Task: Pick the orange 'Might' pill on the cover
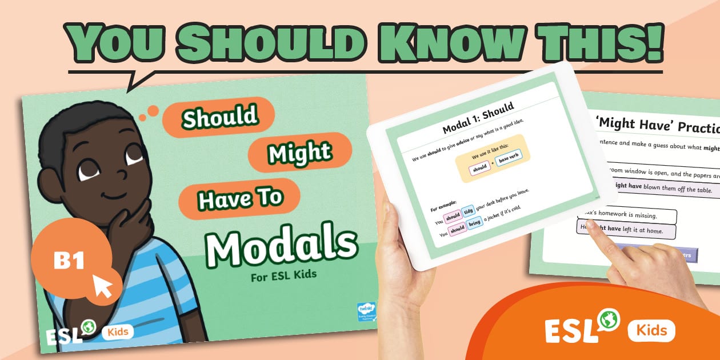[299, 152]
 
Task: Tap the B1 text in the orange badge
[69, 261]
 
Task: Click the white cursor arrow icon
[103, 286]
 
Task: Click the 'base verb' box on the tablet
[508, 159]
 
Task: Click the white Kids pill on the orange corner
[651, 330]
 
